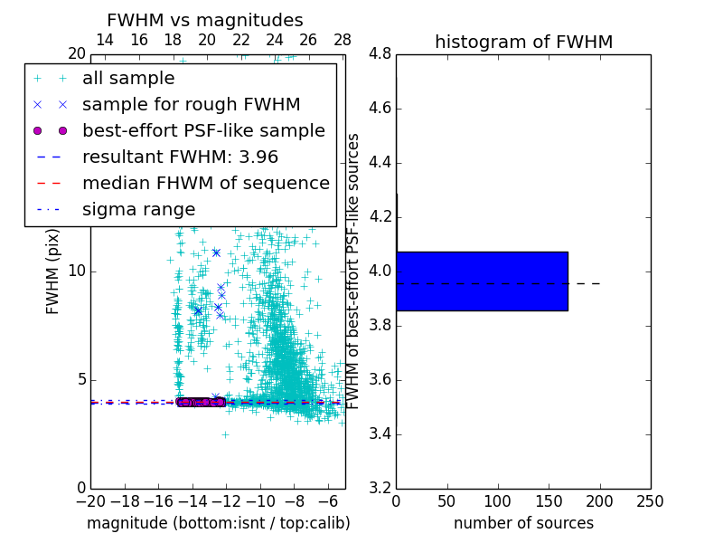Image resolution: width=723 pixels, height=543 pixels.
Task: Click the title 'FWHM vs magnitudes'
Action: [205, 20]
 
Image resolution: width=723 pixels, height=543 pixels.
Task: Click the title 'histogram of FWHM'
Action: [523, 42]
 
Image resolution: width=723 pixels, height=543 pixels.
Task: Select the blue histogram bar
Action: [482, 281]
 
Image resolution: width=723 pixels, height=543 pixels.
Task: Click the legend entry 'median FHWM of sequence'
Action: [205, 184]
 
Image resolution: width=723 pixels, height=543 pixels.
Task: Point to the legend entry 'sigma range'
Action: [138, 210]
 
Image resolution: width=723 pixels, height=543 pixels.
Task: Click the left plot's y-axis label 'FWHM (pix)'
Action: [53, 271]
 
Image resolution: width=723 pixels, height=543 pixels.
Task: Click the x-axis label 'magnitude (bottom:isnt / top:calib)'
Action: [218, 523]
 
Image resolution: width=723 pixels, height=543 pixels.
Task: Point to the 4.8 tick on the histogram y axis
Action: [380, 54]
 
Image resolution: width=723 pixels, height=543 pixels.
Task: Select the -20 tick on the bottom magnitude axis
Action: [90, 501]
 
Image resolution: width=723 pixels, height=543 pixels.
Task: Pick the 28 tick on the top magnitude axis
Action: [343, 40]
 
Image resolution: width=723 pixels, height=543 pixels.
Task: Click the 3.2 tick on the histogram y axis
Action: [380, 488]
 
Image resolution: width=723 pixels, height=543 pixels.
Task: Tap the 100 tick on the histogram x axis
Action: [498, 501]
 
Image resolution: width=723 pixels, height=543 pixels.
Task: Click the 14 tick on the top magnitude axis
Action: [104, 40]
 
